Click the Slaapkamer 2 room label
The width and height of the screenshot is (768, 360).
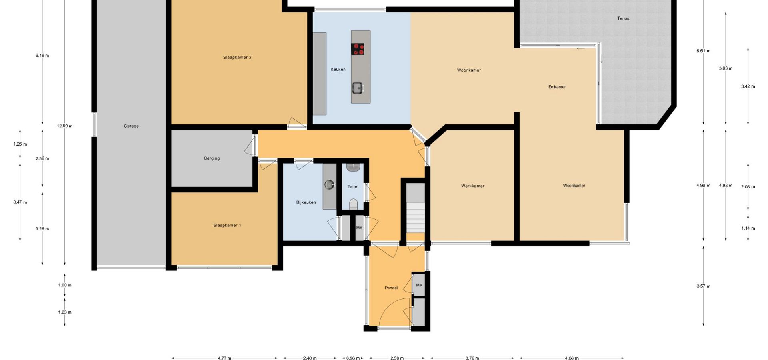[x=237, y=58]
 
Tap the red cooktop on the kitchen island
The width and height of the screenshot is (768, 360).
[x=358, y=49]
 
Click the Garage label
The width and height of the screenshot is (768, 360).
[x=131, y=126]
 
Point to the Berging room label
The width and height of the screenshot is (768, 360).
[x=212, y=158]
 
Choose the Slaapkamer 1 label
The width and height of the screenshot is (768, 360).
[x=227, y=226]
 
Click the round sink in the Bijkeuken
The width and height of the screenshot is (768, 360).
[x=329, y=184]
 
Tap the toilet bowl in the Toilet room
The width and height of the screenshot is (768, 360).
[x=353, y=204]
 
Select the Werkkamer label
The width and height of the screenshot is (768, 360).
[x=473, y=186]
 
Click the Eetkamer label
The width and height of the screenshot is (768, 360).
[x=557, y=87]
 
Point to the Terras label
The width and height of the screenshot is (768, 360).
[x=623, y=18]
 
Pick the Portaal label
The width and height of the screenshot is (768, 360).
[x=391, y=288]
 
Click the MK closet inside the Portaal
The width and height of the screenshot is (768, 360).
[x=419, y=285]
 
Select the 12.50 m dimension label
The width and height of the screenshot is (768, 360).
[x=65, y=126]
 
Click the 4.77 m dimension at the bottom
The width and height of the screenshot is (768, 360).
[x=224, y=358]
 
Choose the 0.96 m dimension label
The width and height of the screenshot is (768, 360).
[x=353, y=358]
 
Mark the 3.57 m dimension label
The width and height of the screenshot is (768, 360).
[x=704, y=286]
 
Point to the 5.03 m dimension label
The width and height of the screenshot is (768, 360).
[x=726, y=68]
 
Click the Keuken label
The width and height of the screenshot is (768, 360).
[x=338, y=70]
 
